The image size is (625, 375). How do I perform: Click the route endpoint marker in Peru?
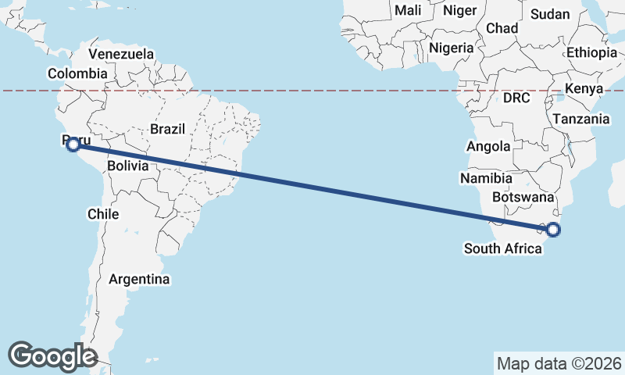(x=73, y=144)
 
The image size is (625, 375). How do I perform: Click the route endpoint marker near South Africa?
(x=553, y=229)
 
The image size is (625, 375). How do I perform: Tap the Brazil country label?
(x=167, y=128)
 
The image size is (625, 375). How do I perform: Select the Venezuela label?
(x=121, y=54)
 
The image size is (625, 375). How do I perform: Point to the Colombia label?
(x=77, y=73)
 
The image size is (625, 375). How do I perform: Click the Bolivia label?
(x=128, y=166)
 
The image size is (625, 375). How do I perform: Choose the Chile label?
(x=103, y=213)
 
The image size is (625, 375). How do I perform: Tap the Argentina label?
(x=139, y=279)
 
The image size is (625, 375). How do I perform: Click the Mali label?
(x=408, y=10)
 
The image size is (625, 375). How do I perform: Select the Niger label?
(x=459, y=10)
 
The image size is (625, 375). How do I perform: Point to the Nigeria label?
(x=452, y=48)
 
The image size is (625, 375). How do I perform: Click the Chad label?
(x=502, y=28)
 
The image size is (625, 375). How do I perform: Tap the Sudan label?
(x=550, y=14)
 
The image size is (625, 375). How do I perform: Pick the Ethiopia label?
(x=591, y=52)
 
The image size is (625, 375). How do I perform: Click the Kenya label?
(x=584, y=88)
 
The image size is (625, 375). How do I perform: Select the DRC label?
(x=516, y=98)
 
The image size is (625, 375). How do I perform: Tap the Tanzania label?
(x=580, y=119)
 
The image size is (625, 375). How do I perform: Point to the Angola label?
(x=488, y=146)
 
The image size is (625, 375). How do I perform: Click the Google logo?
(x=52, y=355)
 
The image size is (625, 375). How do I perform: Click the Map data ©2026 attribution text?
(x=559, y=363)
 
